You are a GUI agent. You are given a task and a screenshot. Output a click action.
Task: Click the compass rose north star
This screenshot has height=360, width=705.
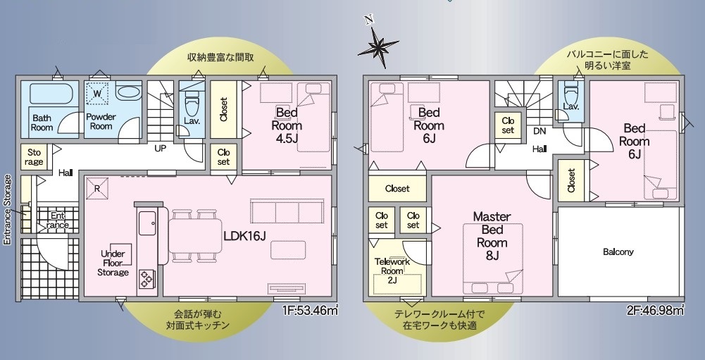tap(378, 44)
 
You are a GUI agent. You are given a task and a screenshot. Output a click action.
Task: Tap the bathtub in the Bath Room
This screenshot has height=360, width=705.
tap(51, 93)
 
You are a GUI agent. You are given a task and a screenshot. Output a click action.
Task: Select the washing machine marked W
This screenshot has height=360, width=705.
tap(97, 94)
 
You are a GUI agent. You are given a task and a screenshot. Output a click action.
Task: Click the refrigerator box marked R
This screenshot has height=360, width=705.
tap(97, 188)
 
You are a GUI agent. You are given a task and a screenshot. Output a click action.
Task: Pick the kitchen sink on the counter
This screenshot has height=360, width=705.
tap(147, 223)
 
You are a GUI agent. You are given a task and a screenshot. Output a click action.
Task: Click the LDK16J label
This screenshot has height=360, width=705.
tap(246, 235)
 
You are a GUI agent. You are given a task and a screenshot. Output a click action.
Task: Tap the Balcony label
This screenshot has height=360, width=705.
tap(618, 252)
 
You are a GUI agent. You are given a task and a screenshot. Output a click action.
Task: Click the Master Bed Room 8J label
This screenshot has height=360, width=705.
tap(492, 236)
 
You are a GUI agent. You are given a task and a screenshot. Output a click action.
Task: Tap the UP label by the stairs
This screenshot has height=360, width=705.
tap(161, 148)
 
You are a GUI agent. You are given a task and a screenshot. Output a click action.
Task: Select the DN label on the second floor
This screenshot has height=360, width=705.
tap(539, 132)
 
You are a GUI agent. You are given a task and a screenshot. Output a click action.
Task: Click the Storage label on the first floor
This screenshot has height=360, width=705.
tap(35, 157)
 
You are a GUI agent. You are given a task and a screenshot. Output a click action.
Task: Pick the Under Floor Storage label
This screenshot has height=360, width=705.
tap(113, 263)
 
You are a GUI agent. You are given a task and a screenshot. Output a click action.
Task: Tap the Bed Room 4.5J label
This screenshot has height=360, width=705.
tap(287, 125)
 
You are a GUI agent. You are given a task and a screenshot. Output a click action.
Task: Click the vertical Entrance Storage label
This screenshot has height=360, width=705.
tap(7, 210)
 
